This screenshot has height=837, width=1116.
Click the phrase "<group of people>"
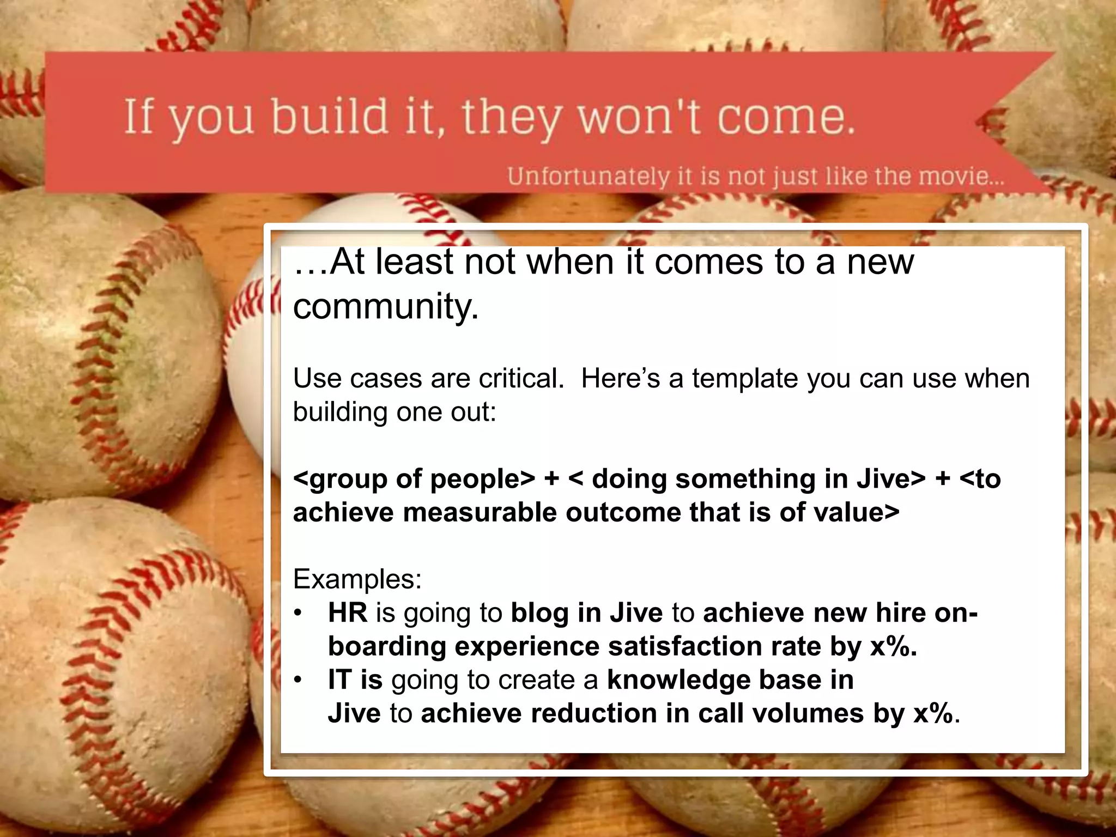(x=414, y=479)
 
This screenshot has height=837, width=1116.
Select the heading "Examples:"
(x=357, y=579)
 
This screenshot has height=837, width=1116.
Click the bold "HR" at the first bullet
(x=347, y=612)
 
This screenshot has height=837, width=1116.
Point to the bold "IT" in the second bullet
(x=339, y=680)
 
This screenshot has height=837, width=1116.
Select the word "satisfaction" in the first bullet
(x=684, y=646)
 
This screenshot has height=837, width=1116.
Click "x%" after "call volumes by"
(x=933, y=713)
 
